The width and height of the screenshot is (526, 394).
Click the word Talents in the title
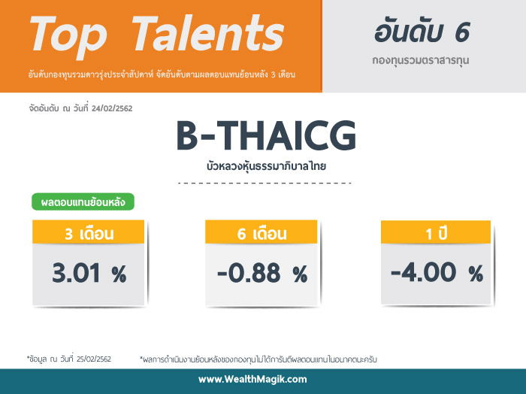(208, 33)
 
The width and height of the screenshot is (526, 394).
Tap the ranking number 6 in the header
(462, 32)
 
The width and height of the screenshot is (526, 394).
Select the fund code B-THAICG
(266, 135)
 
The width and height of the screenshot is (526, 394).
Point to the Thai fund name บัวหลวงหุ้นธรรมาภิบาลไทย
(266, 166)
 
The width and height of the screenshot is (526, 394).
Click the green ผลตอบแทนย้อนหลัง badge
(83, 202)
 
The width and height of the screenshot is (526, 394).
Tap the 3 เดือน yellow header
(88, 232)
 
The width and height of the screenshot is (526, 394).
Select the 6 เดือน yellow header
(261, 232)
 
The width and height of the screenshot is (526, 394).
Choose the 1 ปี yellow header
(436, 232)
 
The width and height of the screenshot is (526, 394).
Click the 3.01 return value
(76, 273)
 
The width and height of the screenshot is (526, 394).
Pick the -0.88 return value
(249, 273)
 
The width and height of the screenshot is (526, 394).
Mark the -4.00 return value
(423, 272)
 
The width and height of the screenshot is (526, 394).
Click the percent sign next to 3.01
(119, 274)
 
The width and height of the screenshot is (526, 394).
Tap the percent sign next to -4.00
(476, 273)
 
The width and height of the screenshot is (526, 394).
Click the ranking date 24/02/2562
(112, 108)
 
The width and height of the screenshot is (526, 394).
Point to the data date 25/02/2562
(94, 359)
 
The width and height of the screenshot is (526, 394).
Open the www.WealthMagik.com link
(252, 380)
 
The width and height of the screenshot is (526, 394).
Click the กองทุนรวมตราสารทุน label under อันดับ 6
(420, 61)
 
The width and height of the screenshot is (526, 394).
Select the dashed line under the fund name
(265, 183)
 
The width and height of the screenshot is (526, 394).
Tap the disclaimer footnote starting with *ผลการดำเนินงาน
(258, 359)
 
